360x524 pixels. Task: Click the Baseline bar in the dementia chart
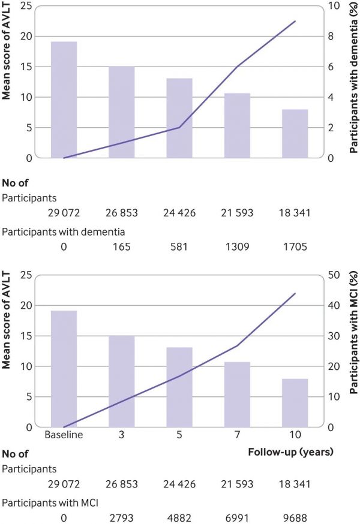coord(64,100)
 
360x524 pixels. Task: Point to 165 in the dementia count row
coord(122,246)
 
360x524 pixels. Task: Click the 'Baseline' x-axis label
coord(63,435)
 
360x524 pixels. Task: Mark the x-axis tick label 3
coord(121,435)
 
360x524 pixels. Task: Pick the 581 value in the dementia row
coord(179,246)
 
